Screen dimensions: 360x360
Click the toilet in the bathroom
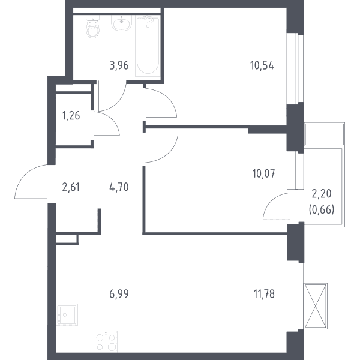(x=93, y=26)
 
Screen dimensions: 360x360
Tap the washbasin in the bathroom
(x=121, y=23)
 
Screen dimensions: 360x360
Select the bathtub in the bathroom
(x=148, y=46)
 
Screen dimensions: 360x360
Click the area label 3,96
(x=119, y=65)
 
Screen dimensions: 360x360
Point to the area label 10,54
(x=262, y=65)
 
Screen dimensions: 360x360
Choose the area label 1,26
(x=71, y=116)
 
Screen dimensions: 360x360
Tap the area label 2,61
(x=71, y=187)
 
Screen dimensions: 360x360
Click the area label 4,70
(x=119, y=187)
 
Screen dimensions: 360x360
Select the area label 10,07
(x=263, y=173)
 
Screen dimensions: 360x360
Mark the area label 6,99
(x=119, y=294)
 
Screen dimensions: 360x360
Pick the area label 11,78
(x=264, y=294)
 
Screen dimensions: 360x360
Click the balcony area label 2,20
(x=322, y=194)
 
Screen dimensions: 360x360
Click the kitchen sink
(x=67, y=315)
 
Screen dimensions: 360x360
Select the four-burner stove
(x=106, y=341)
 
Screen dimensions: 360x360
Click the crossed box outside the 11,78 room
(x=316, y=306)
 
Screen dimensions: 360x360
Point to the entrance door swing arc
(x=25, y=175)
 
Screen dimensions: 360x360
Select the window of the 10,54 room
(x=295, y=69)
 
